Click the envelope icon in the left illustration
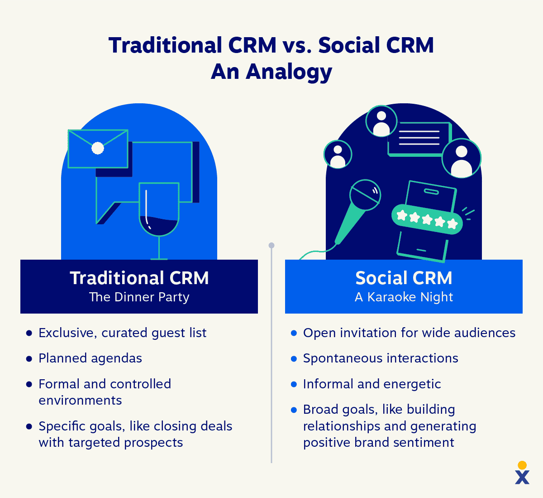tap(98, 149)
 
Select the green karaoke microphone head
tap(365, 195)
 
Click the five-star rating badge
tap(427, 220)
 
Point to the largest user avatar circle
tap(461, 158)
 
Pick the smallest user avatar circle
tap(338, 154)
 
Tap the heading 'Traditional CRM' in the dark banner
tap(139, 278)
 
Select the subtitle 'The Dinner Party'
tap(139, 297)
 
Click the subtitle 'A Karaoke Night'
tap(404, 297)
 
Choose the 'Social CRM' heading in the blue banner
tap(404, 278)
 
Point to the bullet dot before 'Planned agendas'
tap(29, 358)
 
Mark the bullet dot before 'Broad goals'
tap(294, 410)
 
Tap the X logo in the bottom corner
tap(522, 476)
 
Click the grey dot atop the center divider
tap(271, 246)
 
